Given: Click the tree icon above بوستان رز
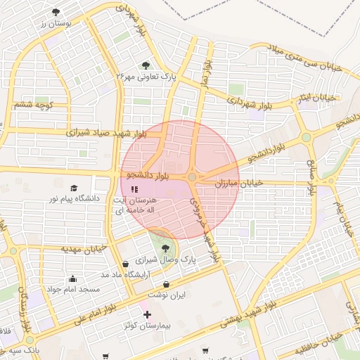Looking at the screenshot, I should (56, 12).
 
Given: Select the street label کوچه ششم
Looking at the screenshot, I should (33, 105).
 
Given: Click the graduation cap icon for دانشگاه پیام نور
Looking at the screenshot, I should (75, 188).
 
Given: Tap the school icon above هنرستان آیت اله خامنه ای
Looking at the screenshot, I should (135, 188).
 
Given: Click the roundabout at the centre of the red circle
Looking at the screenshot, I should (192, 176).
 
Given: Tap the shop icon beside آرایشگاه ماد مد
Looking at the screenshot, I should (125, 264).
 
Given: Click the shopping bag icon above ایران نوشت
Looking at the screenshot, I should (166, 285).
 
